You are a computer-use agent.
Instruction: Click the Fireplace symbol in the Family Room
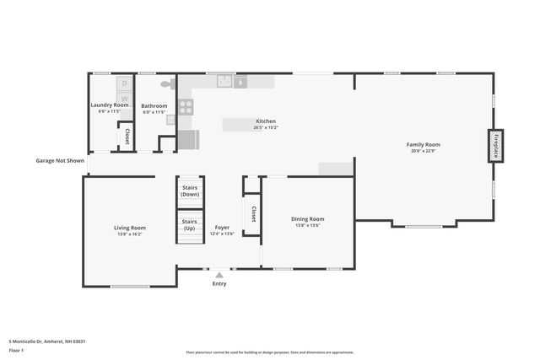[496, 146]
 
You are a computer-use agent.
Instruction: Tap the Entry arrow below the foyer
[219, 275]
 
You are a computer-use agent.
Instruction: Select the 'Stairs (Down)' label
[190, 191]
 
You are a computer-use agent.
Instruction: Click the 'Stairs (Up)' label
[190, 225]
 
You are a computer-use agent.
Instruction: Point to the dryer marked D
[124, 83]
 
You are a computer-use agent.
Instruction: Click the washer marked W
[124, 98]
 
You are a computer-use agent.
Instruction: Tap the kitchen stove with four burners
[185, 107]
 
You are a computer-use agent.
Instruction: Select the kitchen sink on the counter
[224, 82]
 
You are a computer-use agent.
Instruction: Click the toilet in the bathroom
[167, 84]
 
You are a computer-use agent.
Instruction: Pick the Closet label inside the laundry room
[127, 135]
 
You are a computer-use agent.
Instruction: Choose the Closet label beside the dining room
[251, 214]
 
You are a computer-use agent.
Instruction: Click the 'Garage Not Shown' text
[60, 160]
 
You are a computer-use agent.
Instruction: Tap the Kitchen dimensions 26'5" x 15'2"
[266, 128]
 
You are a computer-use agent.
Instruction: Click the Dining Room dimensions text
[308, 225]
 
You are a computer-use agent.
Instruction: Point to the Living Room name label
[130, 228]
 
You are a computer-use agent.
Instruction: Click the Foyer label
[222, 228]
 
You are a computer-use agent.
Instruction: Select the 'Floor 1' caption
[16, 349]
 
